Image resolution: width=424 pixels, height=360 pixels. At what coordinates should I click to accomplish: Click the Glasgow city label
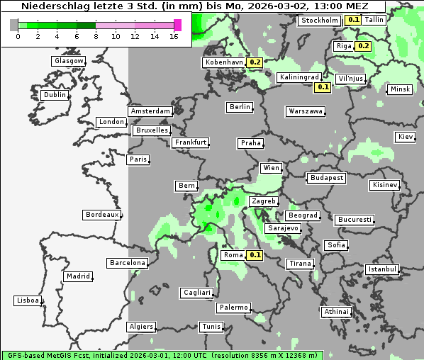point(69,61)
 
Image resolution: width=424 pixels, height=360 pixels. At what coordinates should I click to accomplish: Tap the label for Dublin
point(55,95)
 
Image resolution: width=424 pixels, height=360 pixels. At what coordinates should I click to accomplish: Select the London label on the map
point(111,122)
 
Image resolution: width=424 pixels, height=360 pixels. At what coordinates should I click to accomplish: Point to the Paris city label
point(138,159)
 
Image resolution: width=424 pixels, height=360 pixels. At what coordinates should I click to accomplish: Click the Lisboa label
point(27,300)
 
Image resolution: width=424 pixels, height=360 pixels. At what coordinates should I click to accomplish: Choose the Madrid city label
point(78,276)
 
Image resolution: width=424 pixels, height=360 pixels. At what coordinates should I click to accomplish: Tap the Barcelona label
point(127,263)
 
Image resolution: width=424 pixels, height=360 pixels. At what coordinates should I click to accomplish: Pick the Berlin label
point(240,107)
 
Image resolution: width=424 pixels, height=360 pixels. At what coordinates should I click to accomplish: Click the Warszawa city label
point(306,111)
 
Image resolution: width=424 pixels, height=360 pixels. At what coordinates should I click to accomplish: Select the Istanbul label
point(382,269)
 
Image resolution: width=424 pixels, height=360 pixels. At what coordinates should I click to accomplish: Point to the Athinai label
point(335,312)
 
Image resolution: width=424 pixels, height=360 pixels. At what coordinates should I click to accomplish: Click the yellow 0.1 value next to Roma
point(255,255)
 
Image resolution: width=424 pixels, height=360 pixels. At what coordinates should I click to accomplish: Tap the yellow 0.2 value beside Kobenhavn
point(255,62)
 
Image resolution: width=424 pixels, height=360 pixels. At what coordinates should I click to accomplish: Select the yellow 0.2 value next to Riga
point(363,46)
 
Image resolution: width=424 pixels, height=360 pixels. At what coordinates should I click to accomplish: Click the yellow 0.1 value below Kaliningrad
point(323,87)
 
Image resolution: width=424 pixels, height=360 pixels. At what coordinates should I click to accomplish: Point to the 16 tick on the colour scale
point(174,36)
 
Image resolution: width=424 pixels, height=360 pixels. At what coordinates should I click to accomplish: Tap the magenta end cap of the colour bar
point(177,25)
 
